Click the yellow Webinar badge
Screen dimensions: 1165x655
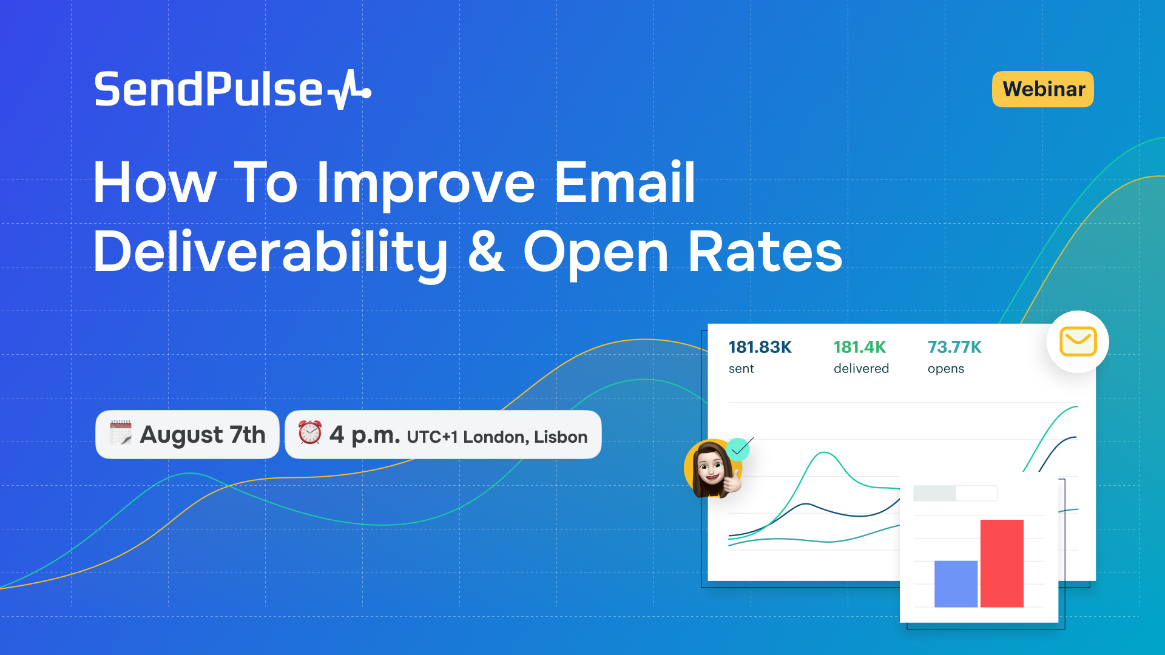pos(1042,89)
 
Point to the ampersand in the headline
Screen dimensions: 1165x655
pos(486,251)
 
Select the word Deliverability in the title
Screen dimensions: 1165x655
pos(271,254)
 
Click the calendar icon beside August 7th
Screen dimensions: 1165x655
pos(120,433)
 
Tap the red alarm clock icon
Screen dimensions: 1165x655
pos(309,432)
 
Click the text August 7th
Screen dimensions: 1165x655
pos(203,434)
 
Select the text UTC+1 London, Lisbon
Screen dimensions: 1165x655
pos(497,437)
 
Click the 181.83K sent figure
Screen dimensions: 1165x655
pos(760,347)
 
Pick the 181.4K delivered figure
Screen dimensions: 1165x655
pos(860,347)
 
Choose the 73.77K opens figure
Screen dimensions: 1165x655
pos(954,347)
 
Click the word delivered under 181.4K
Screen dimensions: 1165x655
pos(861,368)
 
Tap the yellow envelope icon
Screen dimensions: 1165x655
pos(1078,341)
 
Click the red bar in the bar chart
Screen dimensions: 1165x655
pos(1002,563)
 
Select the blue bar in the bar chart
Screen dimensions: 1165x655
pos(956,584)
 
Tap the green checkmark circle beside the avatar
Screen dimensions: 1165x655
pos(738,449)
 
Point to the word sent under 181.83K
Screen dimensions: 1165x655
pos(741,369)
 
